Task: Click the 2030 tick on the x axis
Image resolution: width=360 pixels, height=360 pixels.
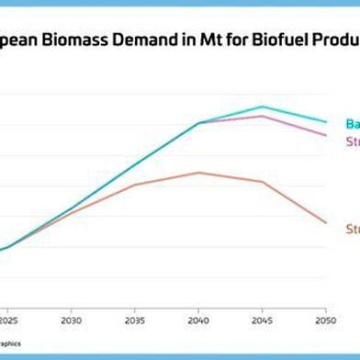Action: tap(72, 321)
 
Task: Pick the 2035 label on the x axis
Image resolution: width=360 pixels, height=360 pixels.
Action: tap(135, 321)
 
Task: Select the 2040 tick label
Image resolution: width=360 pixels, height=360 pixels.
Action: tap(198, 321)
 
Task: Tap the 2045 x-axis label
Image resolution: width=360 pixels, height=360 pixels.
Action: tap(262, 321)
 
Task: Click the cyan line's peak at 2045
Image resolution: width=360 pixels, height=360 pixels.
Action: tap(262, 107)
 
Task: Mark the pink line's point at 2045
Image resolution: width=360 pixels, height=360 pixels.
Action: tap(262, 116)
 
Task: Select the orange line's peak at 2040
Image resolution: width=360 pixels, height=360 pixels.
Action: tap(198, 173)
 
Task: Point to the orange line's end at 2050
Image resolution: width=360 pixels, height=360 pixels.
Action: tap(325, 222)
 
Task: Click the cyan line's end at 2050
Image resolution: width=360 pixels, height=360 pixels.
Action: tap(325, 121)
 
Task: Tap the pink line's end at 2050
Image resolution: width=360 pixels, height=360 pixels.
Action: tap(325, 135)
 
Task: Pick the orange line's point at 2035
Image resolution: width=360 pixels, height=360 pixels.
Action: tap(135, 185)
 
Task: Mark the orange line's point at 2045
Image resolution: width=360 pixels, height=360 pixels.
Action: tap(262, 181)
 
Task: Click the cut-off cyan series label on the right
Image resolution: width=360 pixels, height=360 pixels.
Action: tap(352, 124)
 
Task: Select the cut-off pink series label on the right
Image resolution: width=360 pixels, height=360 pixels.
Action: tap(352, 141)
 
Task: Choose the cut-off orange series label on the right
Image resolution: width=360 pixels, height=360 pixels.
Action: tap(352, 229)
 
